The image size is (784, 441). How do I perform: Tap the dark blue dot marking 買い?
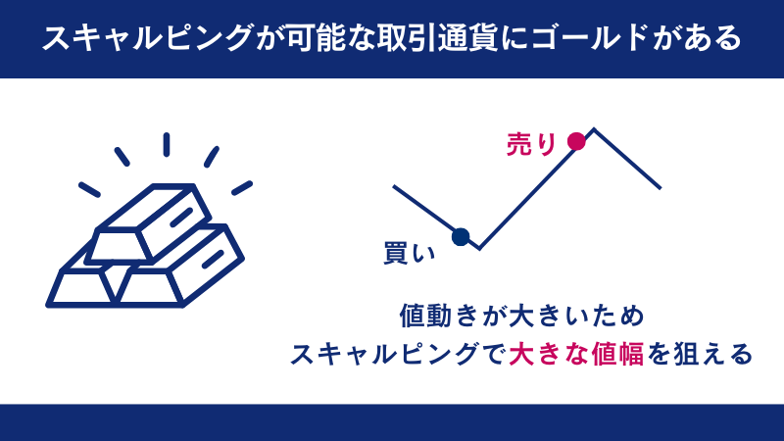coord(461,236)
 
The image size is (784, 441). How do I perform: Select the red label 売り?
coord(530,143)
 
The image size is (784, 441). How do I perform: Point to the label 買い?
coord(408,252)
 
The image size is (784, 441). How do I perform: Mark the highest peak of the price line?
coord(594,128)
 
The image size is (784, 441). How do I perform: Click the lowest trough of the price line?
coord(479,248)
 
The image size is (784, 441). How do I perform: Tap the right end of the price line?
coord(660,187)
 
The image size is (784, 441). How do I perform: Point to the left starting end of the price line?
coord(394,185)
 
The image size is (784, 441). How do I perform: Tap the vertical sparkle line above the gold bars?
coord(167,144)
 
